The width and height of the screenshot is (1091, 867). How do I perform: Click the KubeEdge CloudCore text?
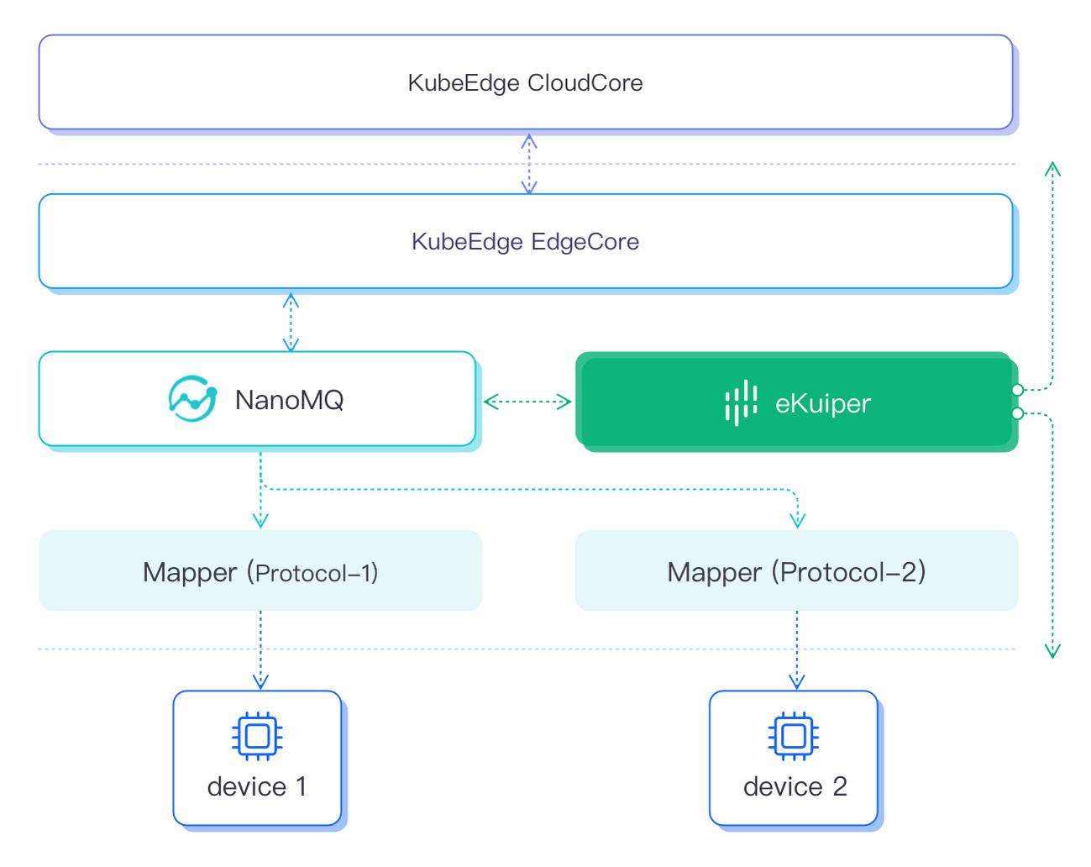pyautogui.click(x=525, y=83)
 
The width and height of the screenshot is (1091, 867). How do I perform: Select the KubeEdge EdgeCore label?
pyautogui.click(x=525, y=242)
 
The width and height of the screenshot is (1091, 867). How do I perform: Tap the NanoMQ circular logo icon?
pyautogui.click(x=192, y=399)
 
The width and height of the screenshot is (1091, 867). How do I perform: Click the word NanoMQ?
pyautogui.click(x=289, y=400)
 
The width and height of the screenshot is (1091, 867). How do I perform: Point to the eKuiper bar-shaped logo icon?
pyautogui.click(x=741, y=402)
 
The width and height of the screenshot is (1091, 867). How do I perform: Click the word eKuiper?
pyautogui.click(x=822, y=403)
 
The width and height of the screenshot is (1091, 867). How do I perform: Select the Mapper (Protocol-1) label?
pyautogui.click(x=260, y=572)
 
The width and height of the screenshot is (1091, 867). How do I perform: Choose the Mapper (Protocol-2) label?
pyautogui.click(x=796, y=572)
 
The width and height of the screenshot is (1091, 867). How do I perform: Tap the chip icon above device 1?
pyautogui.click(x=257, y=737)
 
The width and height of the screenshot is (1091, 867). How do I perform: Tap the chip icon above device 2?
pyautogui.click(x=793, y=737)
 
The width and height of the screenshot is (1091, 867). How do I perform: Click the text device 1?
pyautogui.click(x=257, y=787)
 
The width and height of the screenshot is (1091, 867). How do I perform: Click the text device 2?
pyautogui.click(x=795, y=787)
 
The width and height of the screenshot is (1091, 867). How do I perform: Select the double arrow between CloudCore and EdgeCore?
pyautogui.click(x=529, y=165)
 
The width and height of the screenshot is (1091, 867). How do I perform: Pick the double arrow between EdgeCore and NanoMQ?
pyautogui.click(x=291, y=323)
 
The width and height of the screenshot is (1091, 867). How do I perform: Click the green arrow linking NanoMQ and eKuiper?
pyautogui.click(x=528, y=402)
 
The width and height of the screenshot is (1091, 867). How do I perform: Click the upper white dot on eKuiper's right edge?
pyautogui.click(x=1017, y=390)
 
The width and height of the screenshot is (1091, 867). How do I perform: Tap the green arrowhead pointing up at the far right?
pyautogui.click(x=1052, y=169)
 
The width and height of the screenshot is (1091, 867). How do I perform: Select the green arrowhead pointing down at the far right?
pyautogui.click(x=1052, y=650)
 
